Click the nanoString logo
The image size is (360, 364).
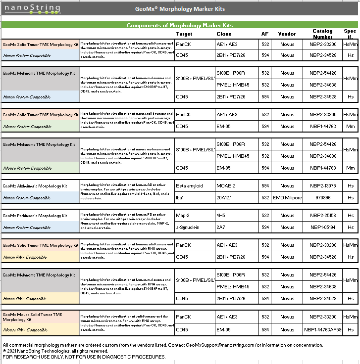32,8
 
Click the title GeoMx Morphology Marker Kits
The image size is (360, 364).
179,9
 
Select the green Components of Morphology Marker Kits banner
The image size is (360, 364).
180,25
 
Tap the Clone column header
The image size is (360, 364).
224,34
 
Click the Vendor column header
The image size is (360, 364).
287,34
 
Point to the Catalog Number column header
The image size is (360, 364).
322,34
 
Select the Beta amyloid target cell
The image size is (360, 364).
189,186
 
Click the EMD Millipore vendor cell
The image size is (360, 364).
287,198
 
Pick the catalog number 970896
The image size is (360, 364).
323,198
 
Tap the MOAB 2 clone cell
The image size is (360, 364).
226,186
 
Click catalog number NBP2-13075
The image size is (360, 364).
323,186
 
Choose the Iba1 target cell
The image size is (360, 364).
181,198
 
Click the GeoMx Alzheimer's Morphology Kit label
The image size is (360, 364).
35,186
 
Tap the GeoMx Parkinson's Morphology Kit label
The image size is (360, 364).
35,216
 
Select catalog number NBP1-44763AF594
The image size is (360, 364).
323,330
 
